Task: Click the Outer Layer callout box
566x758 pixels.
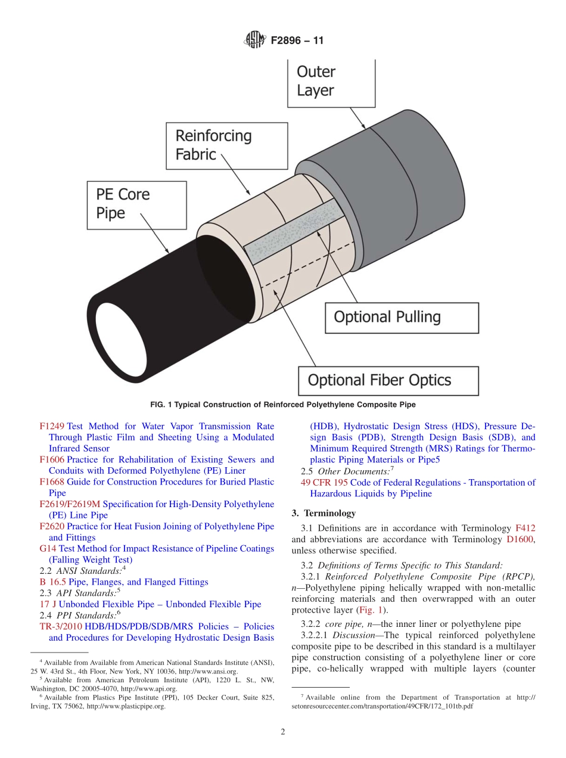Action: [331, 82]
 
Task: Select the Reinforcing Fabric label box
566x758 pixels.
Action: [227, 145]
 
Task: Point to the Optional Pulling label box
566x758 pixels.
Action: [401, 317]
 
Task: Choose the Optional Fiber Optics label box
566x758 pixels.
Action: [388, 380]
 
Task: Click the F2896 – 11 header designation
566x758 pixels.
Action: [297, 41]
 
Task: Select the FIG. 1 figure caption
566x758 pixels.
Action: [283, 405]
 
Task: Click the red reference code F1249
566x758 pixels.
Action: [52, 426]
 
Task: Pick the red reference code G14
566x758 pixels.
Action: [48, 548]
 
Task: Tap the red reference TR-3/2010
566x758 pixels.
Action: [60, 626]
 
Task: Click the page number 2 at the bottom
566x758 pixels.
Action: [283, 732]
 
